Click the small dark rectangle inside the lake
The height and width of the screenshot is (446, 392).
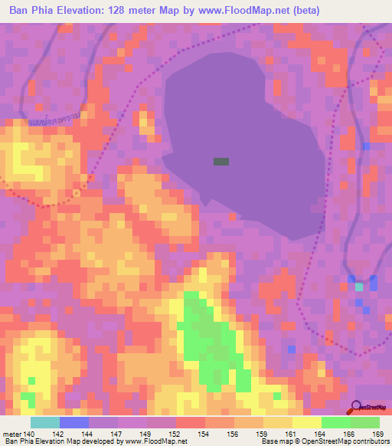[221, 162]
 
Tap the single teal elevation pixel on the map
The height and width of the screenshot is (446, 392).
[359, 287]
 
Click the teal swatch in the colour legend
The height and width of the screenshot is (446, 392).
[45, 422]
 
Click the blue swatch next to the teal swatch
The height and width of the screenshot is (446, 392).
[74, 422]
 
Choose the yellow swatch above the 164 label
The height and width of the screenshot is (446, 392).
[307, 422]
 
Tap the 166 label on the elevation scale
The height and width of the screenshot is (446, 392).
[350, 434]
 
